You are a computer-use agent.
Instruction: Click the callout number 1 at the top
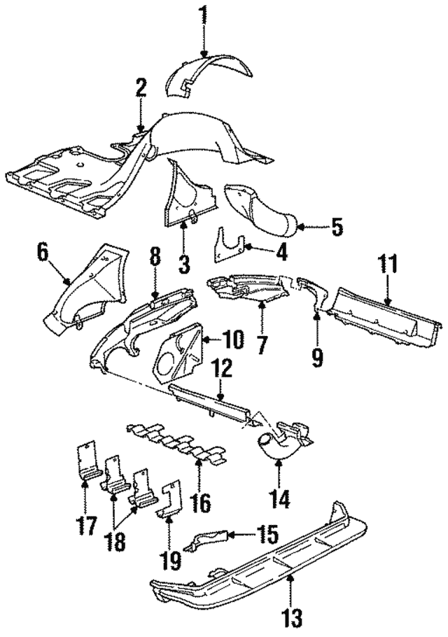tap(203, 13)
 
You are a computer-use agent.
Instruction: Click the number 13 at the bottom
tap(293, 618)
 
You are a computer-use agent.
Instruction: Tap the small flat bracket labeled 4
tap(228, 245)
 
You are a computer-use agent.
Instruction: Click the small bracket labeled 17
tap(85, 463)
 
